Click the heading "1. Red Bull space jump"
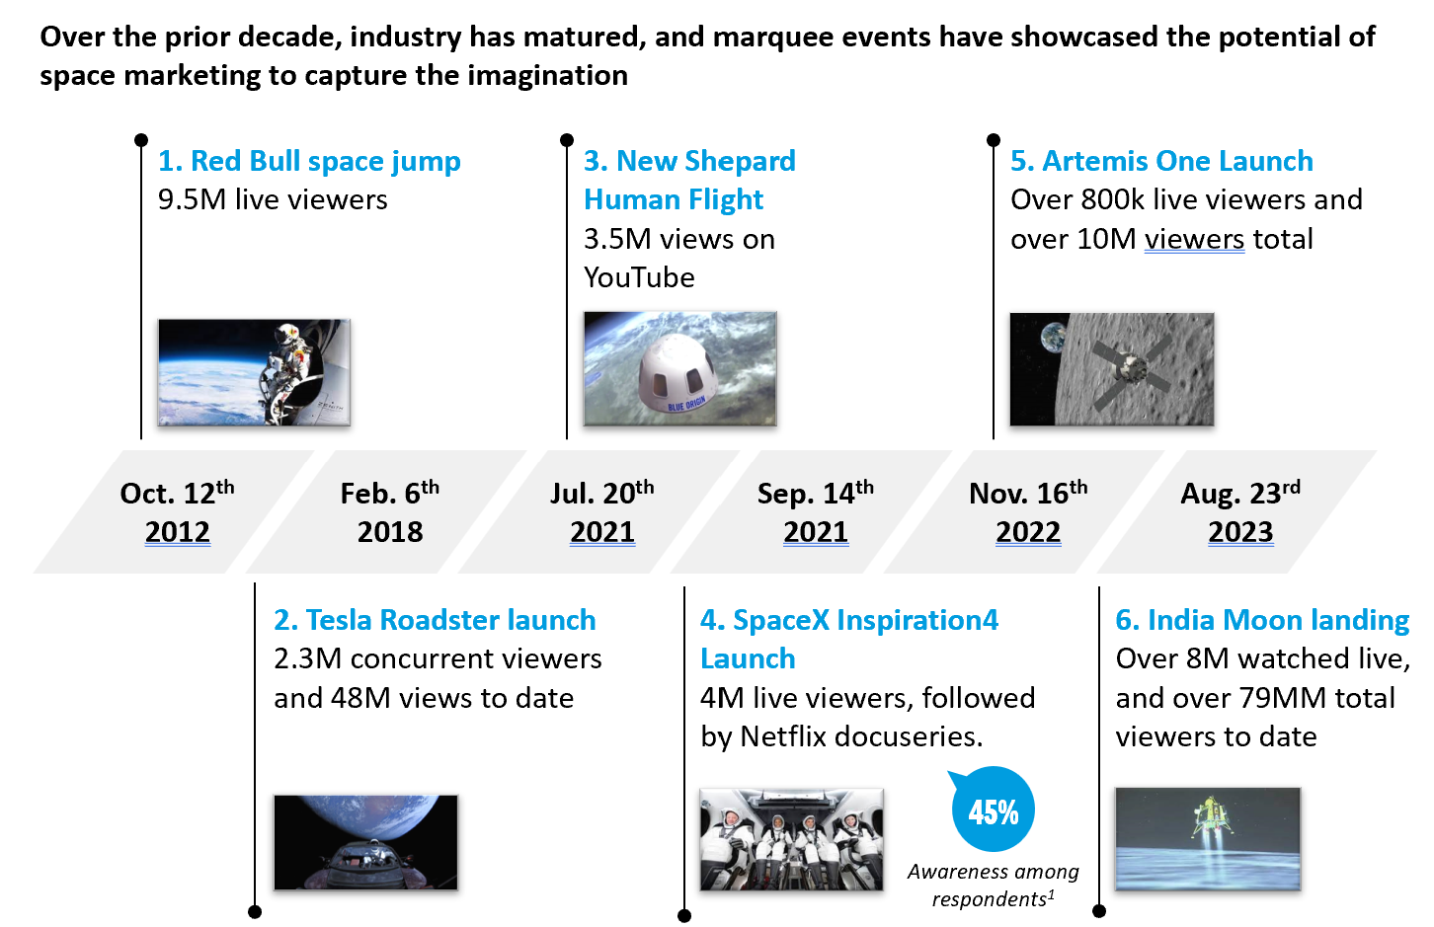point(309,161)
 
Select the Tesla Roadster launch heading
point(435,620)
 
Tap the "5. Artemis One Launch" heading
point(1161,161)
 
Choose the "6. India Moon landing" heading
point(1262,620)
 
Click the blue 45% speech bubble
point(993,810)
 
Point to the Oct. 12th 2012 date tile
point(174,511)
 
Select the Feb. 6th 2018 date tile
point(387,511)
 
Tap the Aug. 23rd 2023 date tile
point(1236,511)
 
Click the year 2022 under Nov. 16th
point(1028,532)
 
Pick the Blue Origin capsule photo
point(679,368)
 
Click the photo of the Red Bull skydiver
point(254,372)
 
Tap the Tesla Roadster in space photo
point(365,842)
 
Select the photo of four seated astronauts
point(791,839)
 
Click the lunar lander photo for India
point(1208,839)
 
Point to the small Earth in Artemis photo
point(1053,339)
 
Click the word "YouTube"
point(639,277)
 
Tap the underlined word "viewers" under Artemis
point(1195,239)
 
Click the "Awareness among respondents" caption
point(993,886)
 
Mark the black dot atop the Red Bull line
point(141,139)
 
